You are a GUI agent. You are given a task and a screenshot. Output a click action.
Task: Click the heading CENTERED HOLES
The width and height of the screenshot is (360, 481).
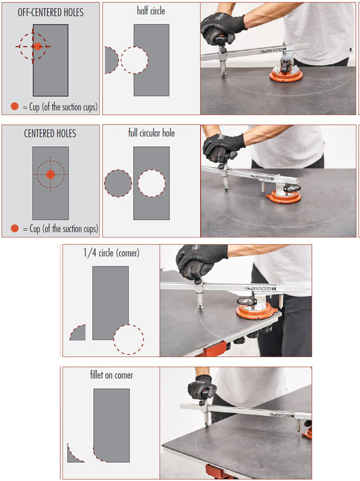50,133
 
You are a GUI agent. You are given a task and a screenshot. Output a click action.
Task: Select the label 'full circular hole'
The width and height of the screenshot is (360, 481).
151,133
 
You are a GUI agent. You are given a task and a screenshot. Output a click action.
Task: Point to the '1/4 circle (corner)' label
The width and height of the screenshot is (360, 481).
111,253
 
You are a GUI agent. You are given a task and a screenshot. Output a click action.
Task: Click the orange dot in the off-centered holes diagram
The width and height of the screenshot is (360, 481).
37,46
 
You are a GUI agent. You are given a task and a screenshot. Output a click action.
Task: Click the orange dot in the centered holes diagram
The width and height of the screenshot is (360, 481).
50,174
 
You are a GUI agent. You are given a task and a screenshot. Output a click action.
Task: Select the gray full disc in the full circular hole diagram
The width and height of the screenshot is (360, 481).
118,183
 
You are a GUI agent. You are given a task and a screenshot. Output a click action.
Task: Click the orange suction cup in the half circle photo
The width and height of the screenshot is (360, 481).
286,75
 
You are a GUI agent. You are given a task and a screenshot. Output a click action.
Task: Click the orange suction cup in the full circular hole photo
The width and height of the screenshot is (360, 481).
284,197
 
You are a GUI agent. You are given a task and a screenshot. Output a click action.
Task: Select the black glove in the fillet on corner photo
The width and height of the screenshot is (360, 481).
202,388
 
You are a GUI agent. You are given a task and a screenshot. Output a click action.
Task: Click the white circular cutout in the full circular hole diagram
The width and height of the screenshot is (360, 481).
151,183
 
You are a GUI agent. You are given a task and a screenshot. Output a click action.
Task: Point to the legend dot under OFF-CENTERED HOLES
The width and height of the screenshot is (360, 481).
14,106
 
